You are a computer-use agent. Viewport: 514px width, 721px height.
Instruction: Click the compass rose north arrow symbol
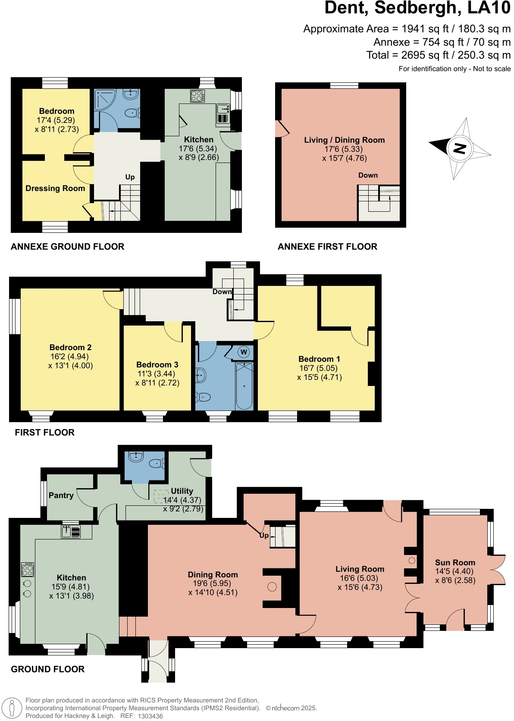[459, 149]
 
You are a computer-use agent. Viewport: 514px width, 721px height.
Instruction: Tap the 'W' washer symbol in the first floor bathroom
[244, 352]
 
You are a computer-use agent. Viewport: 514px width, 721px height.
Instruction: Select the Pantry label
[61, 495]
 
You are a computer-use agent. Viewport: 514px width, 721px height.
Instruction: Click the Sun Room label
[455, 562]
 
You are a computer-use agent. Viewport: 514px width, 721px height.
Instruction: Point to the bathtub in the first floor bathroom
[244, 386]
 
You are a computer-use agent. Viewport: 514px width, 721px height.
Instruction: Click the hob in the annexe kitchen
[197, 96]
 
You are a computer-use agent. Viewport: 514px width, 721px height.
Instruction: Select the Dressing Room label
[55, 188]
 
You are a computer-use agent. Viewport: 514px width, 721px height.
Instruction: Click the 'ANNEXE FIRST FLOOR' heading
[327, 247]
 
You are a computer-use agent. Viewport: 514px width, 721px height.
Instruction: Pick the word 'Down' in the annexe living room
[368, 175]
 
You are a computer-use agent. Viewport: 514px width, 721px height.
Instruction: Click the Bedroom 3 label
[157, 364]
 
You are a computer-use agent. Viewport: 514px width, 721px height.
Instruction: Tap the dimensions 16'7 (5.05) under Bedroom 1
[319, 368]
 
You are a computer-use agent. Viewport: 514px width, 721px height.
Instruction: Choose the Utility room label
[182, 491]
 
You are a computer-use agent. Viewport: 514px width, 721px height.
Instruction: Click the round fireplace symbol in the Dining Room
[272, 586]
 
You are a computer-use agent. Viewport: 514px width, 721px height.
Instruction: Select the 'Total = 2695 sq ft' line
[438, 55]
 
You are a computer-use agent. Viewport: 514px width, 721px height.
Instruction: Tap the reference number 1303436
[150, 716]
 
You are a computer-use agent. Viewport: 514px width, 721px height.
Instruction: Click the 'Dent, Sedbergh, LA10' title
[417, 8]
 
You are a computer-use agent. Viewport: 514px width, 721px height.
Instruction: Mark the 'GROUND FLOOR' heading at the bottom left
[47, 669]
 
